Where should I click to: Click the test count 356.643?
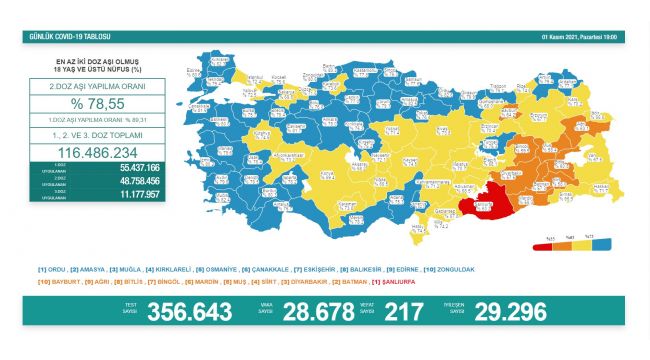pyautogui.click(x=189, y=312)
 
